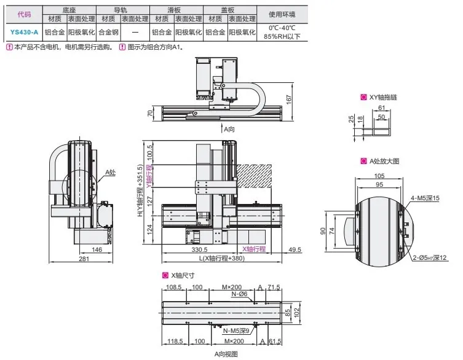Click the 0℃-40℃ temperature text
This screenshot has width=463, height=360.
coord(282,28)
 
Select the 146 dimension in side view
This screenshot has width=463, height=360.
coord(95,249)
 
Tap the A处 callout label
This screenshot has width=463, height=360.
coord(110,173)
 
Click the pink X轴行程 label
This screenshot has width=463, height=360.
coord(253,249)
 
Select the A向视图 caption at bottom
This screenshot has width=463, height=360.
coord(225,354)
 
